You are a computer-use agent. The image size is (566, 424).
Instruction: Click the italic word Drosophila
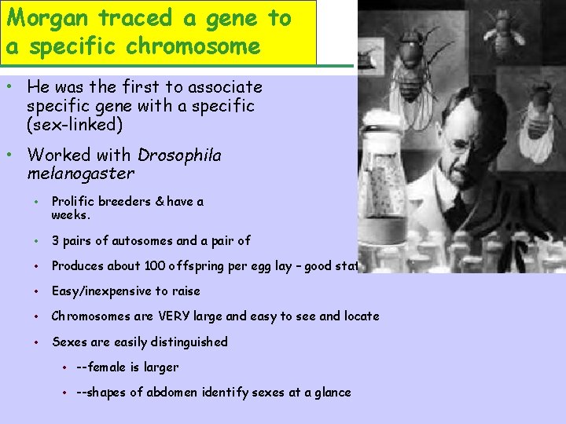point(179,155)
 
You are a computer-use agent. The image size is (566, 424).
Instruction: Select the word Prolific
point(73,202)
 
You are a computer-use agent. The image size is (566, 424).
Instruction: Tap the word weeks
point(70,214)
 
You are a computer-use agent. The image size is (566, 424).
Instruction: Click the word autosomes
point(140,241)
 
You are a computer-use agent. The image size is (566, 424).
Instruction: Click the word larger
point(162,367)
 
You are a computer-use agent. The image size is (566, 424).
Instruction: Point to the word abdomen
point(191,392)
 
